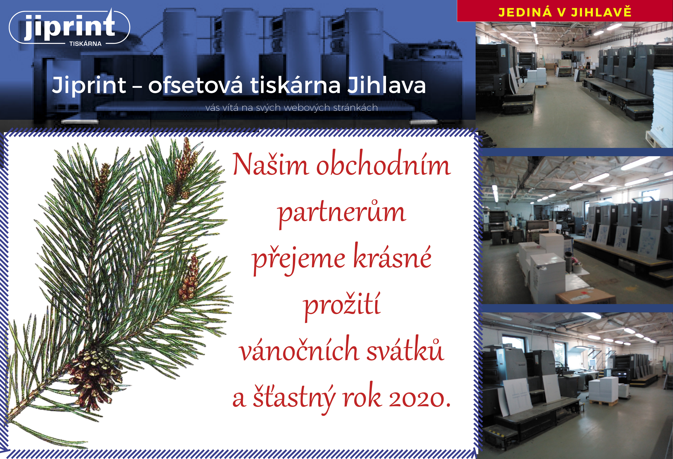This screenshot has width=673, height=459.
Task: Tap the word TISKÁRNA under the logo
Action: point(85,44)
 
